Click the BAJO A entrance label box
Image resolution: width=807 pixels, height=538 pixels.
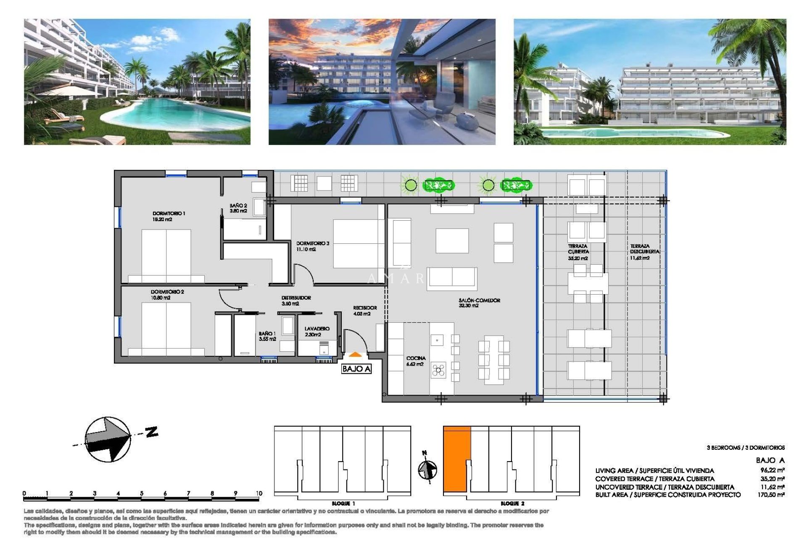[x=356, y=369]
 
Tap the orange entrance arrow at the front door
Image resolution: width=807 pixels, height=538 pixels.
[x=355, y=355]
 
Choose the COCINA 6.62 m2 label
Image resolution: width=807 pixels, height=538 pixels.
[x=416, y=361]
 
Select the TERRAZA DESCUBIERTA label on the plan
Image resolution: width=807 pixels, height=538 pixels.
[x=644, y=252]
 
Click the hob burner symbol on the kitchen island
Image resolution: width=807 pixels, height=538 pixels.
[x=438, y=370]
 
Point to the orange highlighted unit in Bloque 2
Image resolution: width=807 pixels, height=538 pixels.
[x=456, y=459]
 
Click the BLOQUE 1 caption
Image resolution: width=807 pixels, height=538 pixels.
[x=343, y=504]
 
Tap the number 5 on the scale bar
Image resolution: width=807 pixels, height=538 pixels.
[x=142, y=493]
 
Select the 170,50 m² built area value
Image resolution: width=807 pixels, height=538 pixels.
[x=771, y=495]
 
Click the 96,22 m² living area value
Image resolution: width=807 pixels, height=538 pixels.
[x=772, y=470]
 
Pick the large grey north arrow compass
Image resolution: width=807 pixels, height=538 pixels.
[x=108, y=439]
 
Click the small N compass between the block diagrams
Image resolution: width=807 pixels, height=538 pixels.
[x=427, y=469]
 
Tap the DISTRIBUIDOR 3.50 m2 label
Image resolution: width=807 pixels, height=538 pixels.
[x=296, y=300]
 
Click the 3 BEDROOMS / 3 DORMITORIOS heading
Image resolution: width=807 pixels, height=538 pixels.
[x=745, y=448]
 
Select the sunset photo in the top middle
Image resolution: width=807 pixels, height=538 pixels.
[x=382, y=82]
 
